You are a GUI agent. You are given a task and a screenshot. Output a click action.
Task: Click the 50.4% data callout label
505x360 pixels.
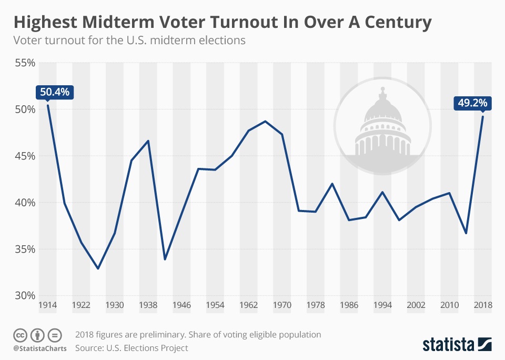point(55,92)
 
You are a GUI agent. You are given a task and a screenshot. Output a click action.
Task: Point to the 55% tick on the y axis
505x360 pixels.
point(25,63)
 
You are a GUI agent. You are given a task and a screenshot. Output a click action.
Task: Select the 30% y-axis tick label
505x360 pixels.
point(25,295)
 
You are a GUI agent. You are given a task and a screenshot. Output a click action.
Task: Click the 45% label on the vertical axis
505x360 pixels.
point(25,156)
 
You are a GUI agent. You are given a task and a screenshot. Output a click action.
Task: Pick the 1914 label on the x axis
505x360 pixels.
point(47,305)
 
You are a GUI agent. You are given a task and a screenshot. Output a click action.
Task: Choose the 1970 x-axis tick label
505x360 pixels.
point(282,305)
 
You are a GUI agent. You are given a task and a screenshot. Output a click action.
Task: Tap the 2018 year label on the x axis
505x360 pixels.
point(483,305)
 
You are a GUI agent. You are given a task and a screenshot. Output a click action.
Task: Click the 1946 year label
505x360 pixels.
point(181,305)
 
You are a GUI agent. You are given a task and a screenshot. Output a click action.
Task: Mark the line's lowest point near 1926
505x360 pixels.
point(98,268)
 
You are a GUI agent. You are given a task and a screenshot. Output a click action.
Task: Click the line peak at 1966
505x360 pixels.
point(265,121)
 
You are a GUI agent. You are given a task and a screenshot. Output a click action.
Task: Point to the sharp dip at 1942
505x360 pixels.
point(165,259)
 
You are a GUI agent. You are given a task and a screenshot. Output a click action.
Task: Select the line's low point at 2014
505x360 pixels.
point(466,233)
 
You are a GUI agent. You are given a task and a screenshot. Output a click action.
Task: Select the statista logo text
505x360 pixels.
point(447,345)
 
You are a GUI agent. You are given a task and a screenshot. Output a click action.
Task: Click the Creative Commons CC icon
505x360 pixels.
point(20,335)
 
